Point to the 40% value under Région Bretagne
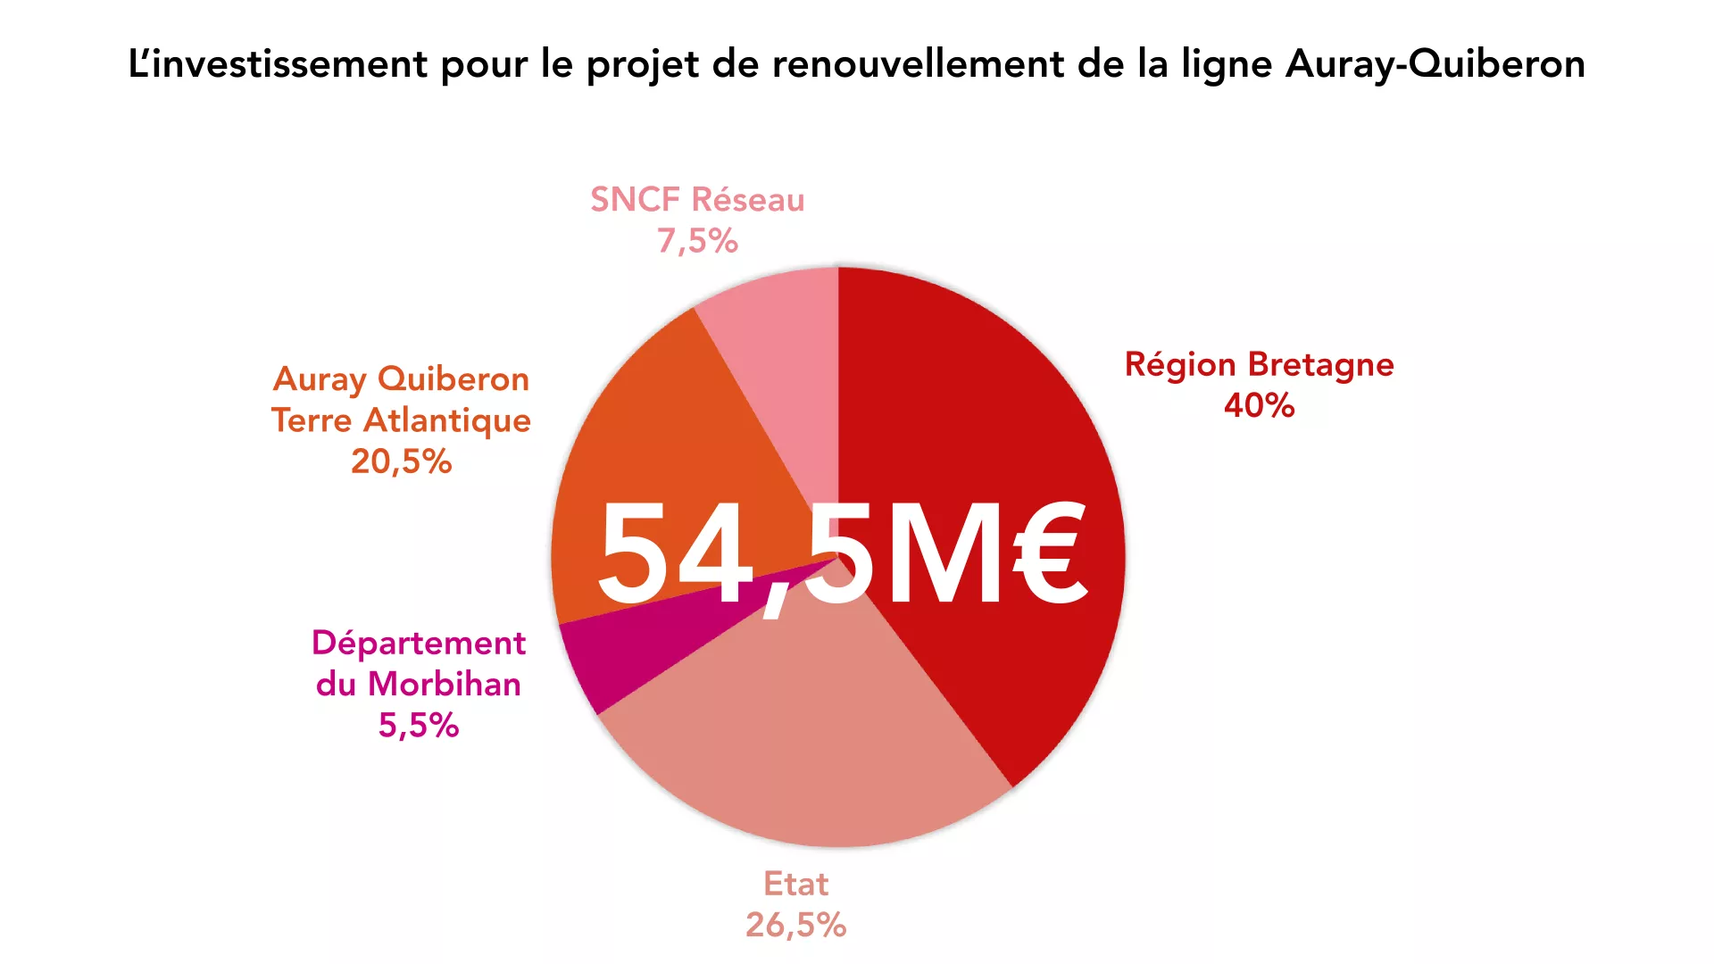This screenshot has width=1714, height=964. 1259,406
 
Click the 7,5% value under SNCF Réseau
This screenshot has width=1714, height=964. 697,241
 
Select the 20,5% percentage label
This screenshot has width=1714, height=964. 401,461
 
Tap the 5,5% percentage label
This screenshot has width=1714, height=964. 419,725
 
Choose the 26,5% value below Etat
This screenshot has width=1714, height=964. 795,925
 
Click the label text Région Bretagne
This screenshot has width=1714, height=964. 1259,365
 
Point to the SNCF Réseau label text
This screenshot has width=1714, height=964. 697,200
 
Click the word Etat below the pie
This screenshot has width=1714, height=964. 795,884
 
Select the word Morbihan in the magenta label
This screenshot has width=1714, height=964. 445,684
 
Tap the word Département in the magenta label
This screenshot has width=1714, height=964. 419,644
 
